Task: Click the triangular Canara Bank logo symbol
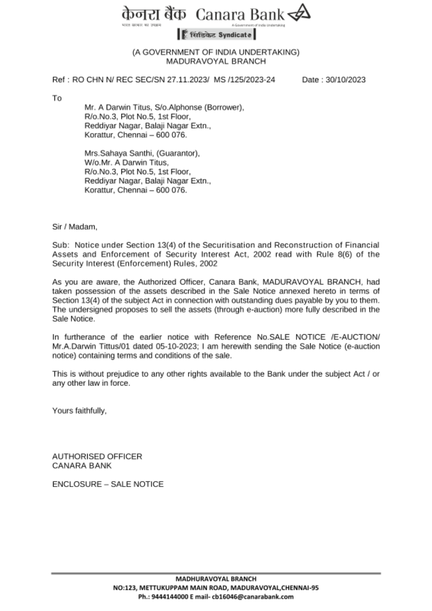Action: click(x=299, y=15)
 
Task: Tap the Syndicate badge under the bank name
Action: click(x=216, y=35)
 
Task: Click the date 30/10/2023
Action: click(x=346, y=80)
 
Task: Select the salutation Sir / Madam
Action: click(x=75, y=227)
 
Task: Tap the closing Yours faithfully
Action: click(x=79, y=411)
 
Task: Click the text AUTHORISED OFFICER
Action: click(x=97, y=457)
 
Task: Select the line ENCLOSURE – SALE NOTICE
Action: click(x=108, y=484)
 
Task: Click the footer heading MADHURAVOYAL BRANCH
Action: click(x=216, y=579)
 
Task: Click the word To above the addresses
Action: click(x=57, y=98)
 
